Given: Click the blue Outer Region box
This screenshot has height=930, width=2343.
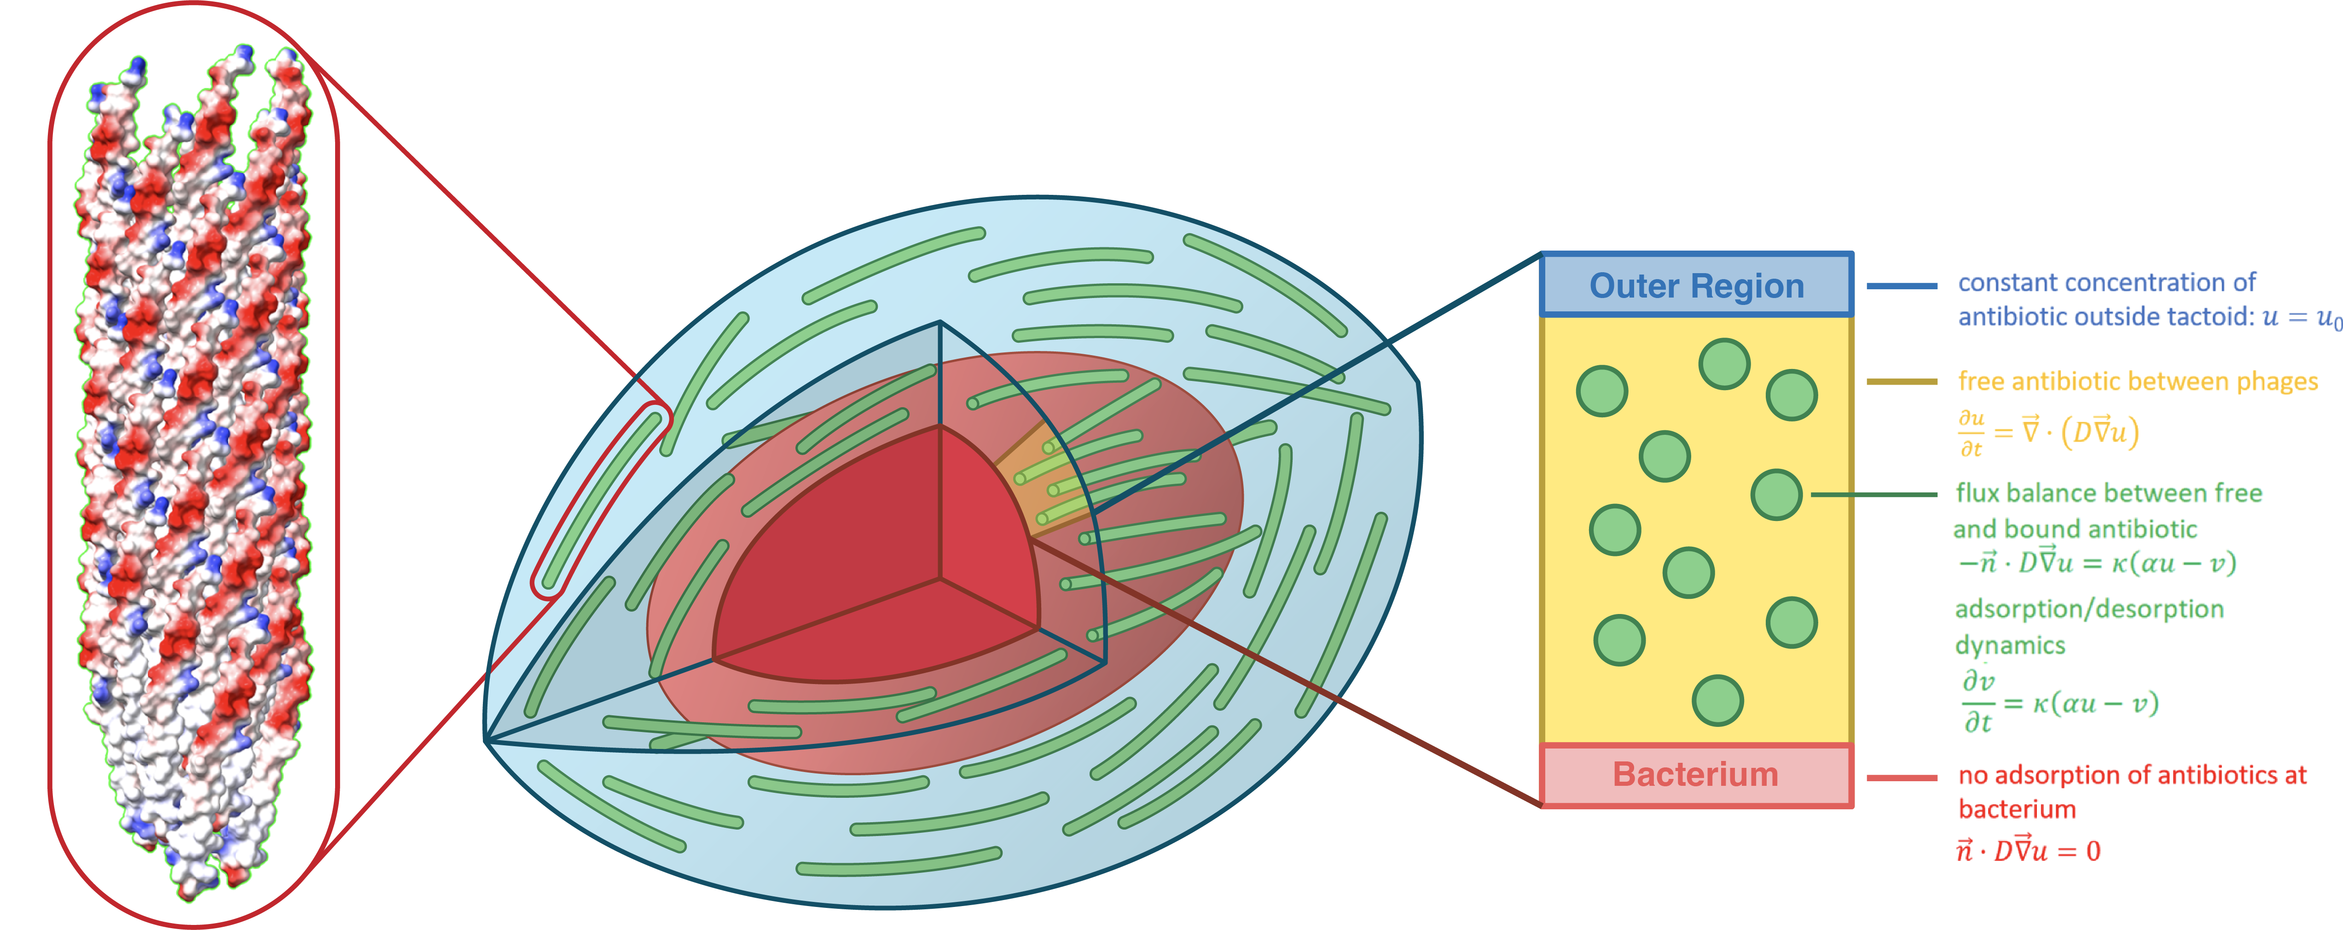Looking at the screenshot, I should click(1696, 285).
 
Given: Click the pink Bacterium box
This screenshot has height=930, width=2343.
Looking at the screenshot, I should click(1696, 774).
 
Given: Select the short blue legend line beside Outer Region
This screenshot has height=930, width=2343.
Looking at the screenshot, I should click(1901, 286).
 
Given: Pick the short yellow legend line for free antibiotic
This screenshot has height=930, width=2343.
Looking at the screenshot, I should click(1901, 381).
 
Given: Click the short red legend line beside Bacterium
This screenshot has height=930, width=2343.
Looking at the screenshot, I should click(1901, 778).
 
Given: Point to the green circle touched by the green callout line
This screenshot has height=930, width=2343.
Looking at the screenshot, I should click(1776, 495).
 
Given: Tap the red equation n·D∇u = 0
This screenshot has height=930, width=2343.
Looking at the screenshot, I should click(2028, 851).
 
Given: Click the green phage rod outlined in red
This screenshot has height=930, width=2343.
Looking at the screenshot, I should click(600, 501).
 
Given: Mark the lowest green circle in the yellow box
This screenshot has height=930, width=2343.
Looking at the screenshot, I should click(1717, 701).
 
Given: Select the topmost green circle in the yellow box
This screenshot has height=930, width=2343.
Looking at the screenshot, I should click(1723, 364).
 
